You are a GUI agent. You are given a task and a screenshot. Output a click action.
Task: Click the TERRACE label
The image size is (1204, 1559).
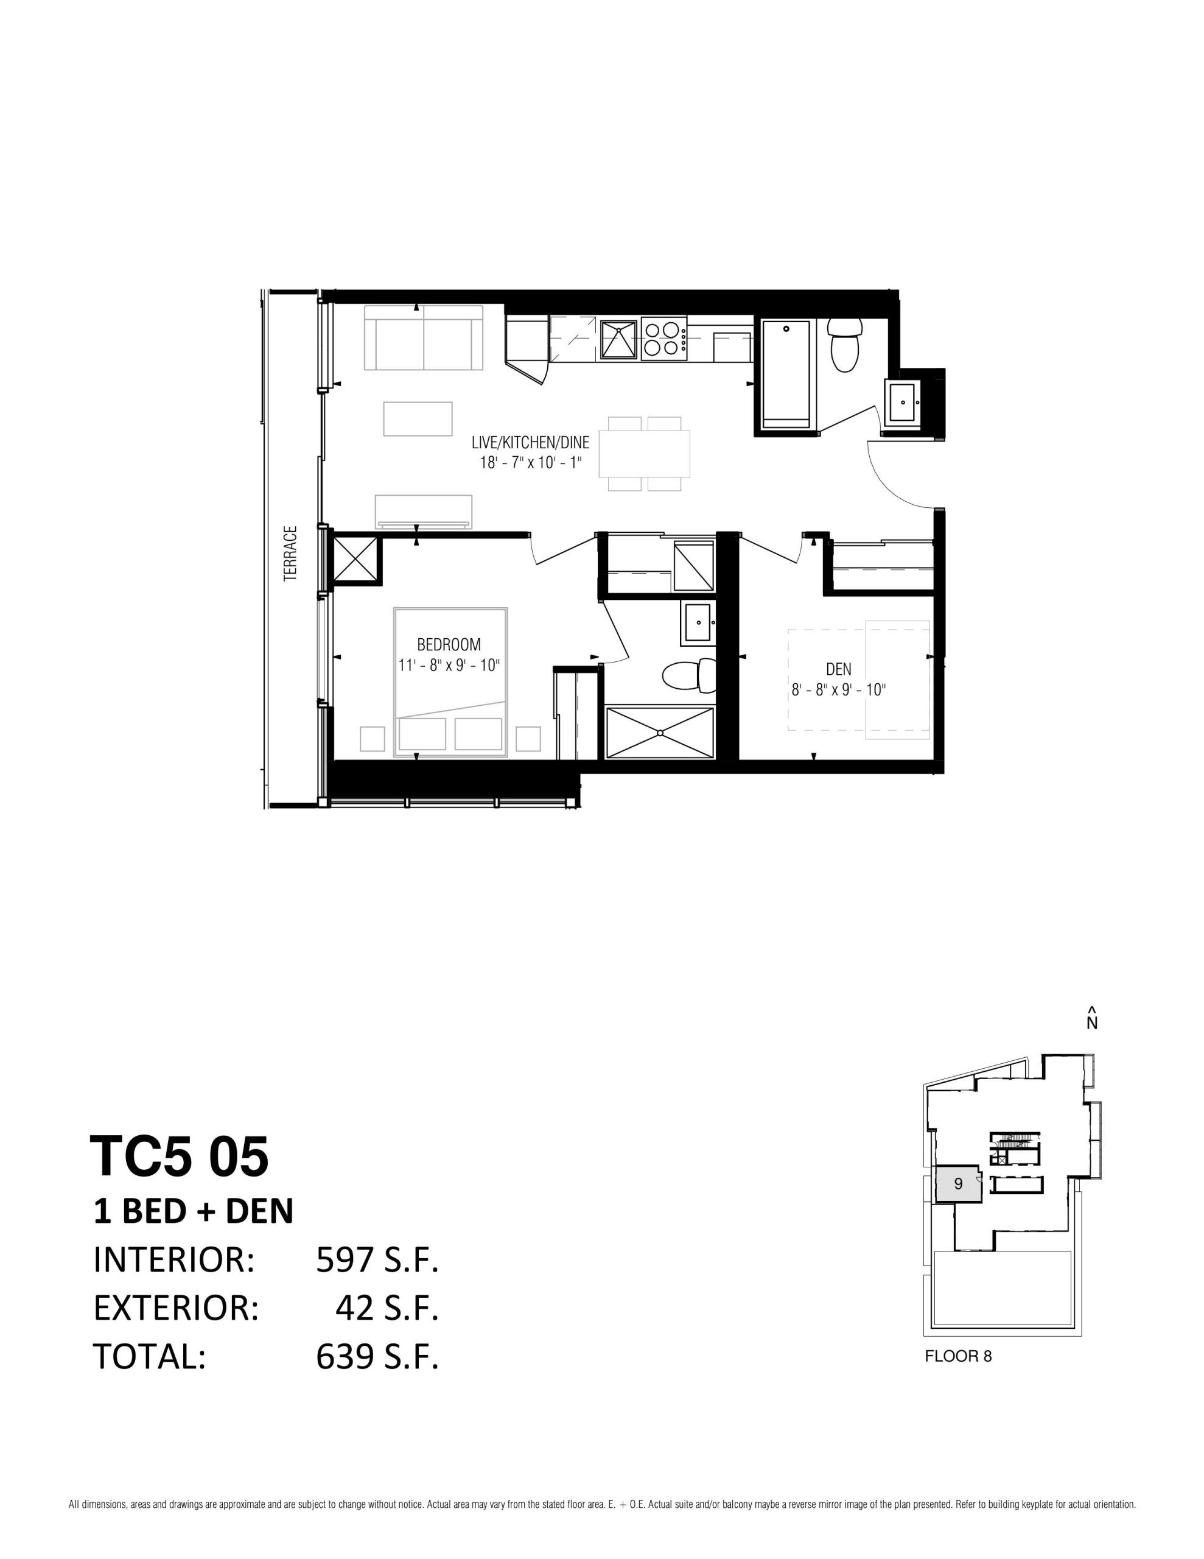point(290,554)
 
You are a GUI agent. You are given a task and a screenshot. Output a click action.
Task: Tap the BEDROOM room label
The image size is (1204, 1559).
point(449,644)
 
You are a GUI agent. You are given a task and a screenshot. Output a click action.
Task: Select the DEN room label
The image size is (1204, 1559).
point(839,669)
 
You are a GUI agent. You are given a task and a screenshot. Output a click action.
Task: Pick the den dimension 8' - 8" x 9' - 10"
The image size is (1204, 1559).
point(839,690)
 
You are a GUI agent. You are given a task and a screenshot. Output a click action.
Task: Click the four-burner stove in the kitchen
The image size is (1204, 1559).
point(663,340)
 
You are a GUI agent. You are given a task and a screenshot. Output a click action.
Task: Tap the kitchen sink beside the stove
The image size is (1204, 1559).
point(618,340)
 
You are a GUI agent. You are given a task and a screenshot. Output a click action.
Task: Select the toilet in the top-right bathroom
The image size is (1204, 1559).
point(845,345)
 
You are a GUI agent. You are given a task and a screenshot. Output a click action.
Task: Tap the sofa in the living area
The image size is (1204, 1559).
point(423,337)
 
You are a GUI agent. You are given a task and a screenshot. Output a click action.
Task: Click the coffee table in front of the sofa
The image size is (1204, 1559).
point(418,419)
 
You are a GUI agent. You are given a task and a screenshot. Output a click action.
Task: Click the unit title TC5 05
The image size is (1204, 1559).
point(179,1156)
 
